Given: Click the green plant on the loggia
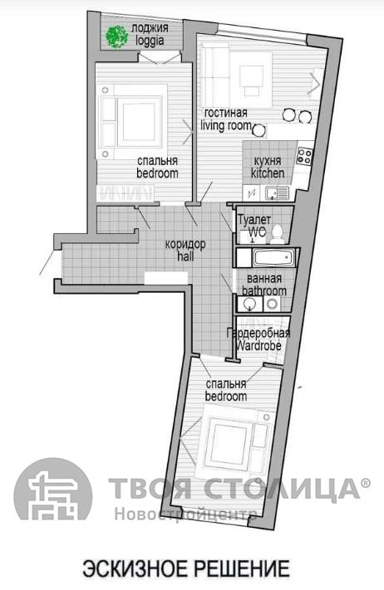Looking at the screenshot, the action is tap(116, 37).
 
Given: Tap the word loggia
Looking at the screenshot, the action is tap(150, 41).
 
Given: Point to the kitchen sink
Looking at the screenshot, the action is tap(277, 194).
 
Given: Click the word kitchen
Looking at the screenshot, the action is tap(268, 173).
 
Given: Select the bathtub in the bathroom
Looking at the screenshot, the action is tap(273, 258).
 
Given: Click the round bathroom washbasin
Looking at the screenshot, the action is tap(249, 304).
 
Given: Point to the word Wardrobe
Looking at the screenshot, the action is tap(258, 346).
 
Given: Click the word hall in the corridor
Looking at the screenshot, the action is tap(185, 256).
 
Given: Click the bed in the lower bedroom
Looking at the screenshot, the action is tap(235, 440).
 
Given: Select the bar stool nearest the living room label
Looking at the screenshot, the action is tap(258, 129).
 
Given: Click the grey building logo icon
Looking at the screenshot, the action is tap(52, 489).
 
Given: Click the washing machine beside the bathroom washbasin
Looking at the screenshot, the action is tap(272, 304).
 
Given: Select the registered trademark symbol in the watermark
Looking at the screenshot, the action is tap(366, 482).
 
